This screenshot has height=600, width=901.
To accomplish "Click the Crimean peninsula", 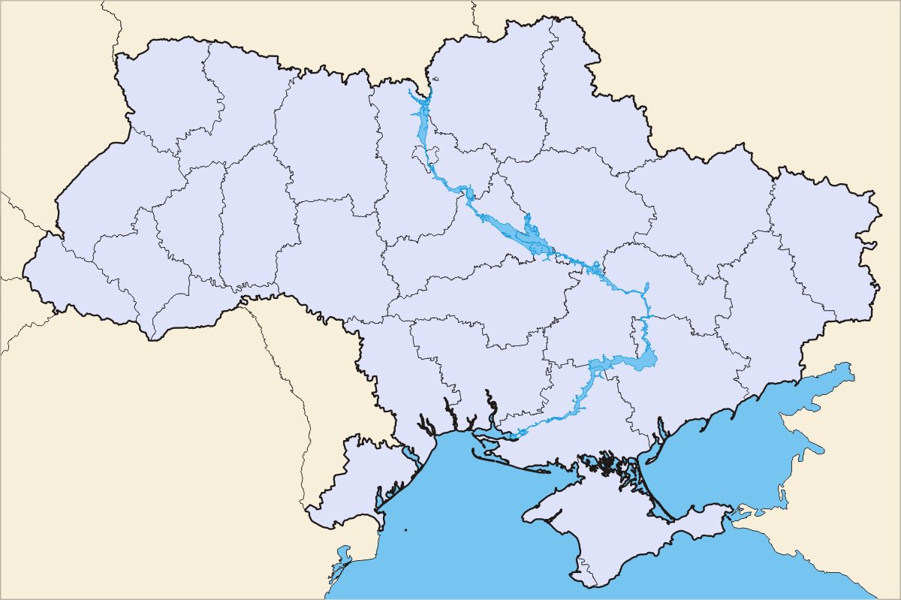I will [601, 526].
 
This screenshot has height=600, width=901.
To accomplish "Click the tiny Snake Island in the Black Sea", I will [405, 532].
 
